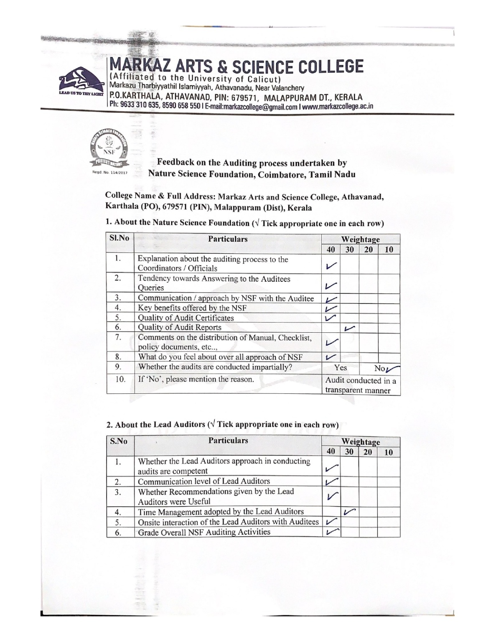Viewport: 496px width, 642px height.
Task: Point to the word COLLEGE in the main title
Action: pos(331,67)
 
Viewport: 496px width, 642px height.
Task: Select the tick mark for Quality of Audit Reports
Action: pos(350,328)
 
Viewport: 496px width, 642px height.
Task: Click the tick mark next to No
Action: pos(393,368)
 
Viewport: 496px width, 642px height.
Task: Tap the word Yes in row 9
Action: pos(341,368)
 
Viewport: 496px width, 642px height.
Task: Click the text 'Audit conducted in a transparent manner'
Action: pos(360,385)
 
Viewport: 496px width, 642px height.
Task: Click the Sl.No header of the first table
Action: pos(119,238)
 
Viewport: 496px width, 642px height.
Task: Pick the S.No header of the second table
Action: pos(119,441)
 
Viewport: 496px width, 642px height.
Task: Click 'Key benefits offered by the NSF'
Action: pos(192,308)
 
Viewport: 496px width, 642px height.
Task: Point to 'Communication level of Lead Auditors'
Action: pos(204,481)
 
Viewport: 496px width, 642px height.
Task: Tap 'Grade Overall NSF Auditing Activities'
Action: pos(204,532)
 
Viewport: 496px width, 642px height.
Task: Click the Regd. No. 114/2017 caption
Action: pos(109,173)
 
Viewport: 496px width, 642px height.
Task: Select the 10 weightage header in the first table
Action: pos(389,250)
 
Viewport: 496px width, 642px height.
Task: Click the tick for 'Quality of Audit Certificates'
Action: pos(331,318)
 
